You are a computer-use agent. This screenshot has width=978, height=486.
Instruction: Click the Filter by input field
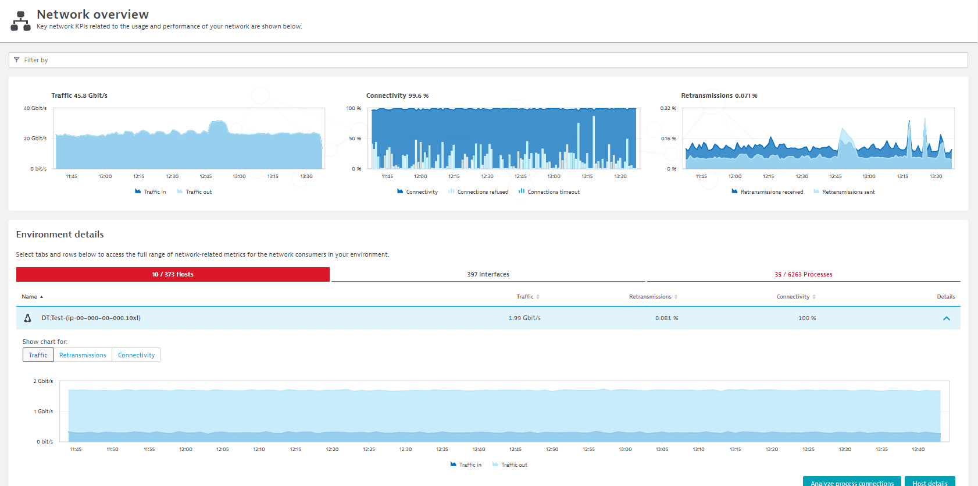tap(488, 60)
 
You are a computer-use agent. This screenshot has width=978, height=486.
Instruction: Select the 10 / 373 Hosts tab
tap(173, 274)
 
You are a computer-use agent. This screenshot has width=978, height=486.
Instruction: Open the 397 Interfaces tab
tap(488, 274)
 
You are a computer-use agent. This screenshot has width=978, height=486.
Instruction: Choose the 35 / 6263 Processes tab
tap(803, 274)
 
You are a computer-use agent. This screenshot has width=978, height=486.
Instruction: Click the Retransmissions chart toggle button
tap(83, 355)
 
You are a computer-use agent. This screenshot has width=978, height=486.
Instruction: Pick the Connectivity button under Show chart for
tap(136, 355)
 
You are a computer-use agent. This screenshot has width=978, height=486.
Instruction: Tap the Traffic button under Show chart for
tap(38, 355)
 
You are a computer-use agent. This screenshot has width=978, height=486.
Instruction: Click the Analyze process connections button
tap(852, 482)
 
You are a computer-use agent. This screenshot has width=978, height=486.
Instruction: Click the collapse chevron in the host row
tap(946, 318)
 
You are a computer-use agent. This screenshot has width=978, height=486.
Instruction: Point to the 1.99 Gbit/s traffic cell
tap(524, 318)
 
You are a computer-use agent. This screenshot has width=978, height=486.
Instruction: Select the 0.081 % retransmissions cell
tap(666, 318)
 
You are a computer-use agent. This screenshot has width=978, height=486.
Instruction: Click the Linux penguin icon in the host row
tap(27, 318)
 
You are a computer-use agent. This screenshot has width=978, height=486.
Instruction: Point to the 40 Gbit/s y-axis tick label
tap(35, 108)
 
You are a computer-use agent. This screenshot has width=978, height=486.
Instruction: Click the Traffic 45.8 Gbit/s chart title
tap(79, 95)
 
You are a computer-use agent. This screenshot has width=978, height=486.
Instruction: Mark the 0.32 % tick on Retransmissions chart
tap(668, 108)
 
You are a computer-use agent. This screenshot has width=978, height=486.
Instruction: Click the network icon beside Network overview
tap(21, 21)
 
